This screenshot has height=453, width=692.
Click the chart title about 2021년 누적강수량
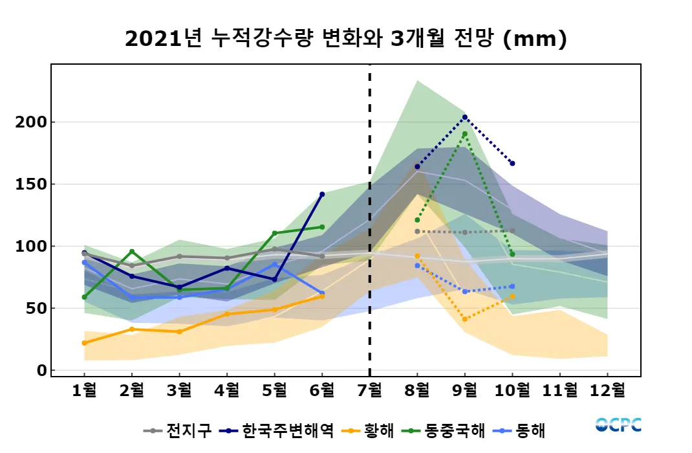(345, 39)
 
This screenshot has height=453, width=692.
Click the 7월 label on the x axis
(369, 390)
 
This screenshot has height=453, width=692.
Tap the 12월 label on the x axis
(608, 390)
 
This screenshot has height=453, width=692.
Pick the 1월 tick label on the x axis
(84, 390)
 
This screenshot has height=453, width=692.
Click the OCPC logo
(618, 425)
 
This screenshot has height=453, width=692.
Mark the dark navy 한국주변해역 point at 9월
(464, 117)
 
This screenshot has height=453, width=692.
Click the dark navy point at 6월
(322, 194)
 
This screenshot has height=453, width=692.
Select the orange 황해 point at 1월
(84, 343)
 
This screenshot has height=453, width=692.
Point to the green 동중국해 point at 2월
(132, 252)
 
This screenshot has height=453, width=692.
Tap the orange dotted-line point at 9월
(464, 319)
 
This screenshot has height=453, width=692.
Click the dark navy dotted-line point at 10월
(512, 164)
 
